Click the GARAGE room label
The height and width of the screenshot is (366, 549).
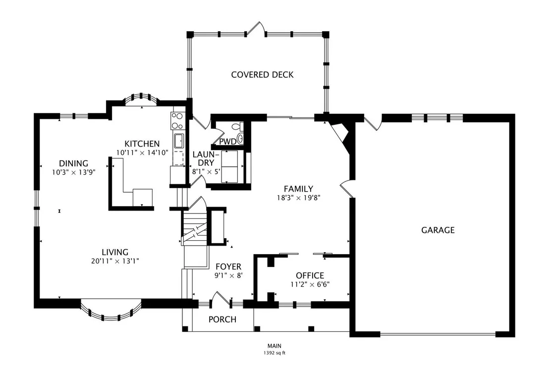click(x=438, y=230)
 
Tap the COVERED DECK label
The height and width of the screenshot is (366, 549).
click(x=262, y=74)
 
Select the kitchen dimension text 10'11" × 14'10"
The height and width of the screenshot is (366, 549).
click(x=142, y=153)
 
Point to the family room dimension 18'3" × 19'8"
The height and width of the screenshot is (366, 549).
click(x=299, y=198)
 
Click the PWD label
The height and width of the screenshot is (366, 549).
click(x=227, y=142)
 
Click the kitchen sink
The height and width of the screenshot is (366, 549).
click(x=178, y=141)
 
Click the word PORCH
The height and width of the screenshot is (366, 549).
click(x=222, y=319)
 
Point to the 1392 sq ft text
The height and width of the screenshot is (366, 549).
click(x=274, y=353)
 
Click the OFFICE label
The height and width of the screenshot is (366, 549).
click(x=310, y=275)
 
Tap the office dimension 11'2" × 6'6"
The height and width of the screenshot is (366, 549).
click(x=310, y=284)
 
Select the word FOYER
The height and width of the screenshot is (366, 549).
click(x=228, y=266)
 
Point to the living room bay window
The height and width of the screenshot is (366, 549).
click(x=111, y=311)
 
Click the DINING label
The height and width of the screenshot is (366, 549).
click(x=73, y=163)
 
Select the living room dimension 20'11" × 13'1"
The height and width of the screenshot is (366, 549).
click(x=115, y=261)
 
